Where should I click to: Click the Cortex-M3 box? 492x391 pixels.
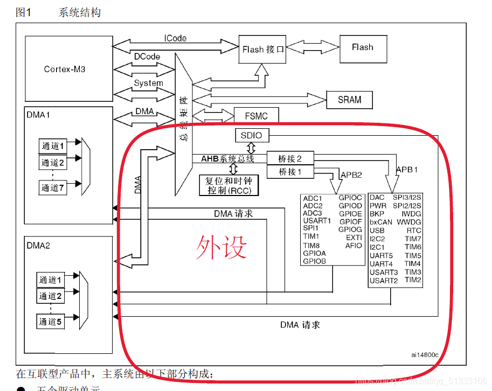pyautogui.click(x=64, y=69)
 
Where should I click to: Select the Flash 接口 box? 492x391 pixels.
pyautogui.click(x=262, y=50)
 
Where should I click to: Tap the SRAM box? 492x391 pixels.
pyautogui.click(x=349, y=100)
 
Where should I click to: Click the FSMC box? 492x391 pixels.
pyautogui.click(x=258, y=115)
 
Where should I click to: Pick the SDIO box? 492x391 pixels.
pyautogui.click(x=252, y=135)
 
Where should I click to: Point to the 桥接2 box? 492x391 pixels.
pyautogui.click(x=290, y=159)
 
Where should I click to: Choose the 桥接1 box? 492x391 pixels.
pyautogui.click(x=290, y=172)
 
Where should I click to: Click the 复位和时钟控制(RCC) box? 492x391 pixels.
pyautogui.click(x=228, y=185)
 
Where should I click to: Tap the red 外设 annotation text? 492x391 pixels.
pyautogui.click(x=221, y=248)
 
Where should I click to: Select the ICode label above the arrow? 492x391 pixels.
pyautogui.click(x=175, y=38)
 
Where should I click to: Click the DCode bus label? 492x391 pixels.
pyautogui.click(x=147, y=56)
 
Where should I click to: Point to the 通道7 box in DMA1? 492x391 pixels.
pyautogui.click(x=53, y=187)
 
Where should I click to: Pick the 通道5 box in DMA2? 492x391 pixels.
pyautogui.click(x=50, y=322)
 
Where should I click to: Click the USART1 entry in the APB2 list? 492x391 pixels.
pyautogui.click(x=317, y=221)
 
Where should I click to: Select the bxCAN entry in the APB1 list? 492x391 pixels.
pyautogui.click(x=381, y=222)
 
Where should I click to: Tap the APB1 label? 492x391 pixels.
pyautogui.click(x=407, y=169)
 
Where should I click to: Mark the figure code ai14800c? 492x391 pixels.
pyautogui.click(x=424, y=355)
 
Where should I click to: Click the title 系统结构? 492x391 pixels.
pyautogui.click(x=79, y=12)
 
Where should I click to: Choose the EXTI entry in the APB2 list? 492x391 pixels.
pyautogui.click(x=354, y=238)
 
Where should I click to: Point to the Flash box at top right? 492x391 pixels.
pyautogui.click(x=362, y=47)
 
